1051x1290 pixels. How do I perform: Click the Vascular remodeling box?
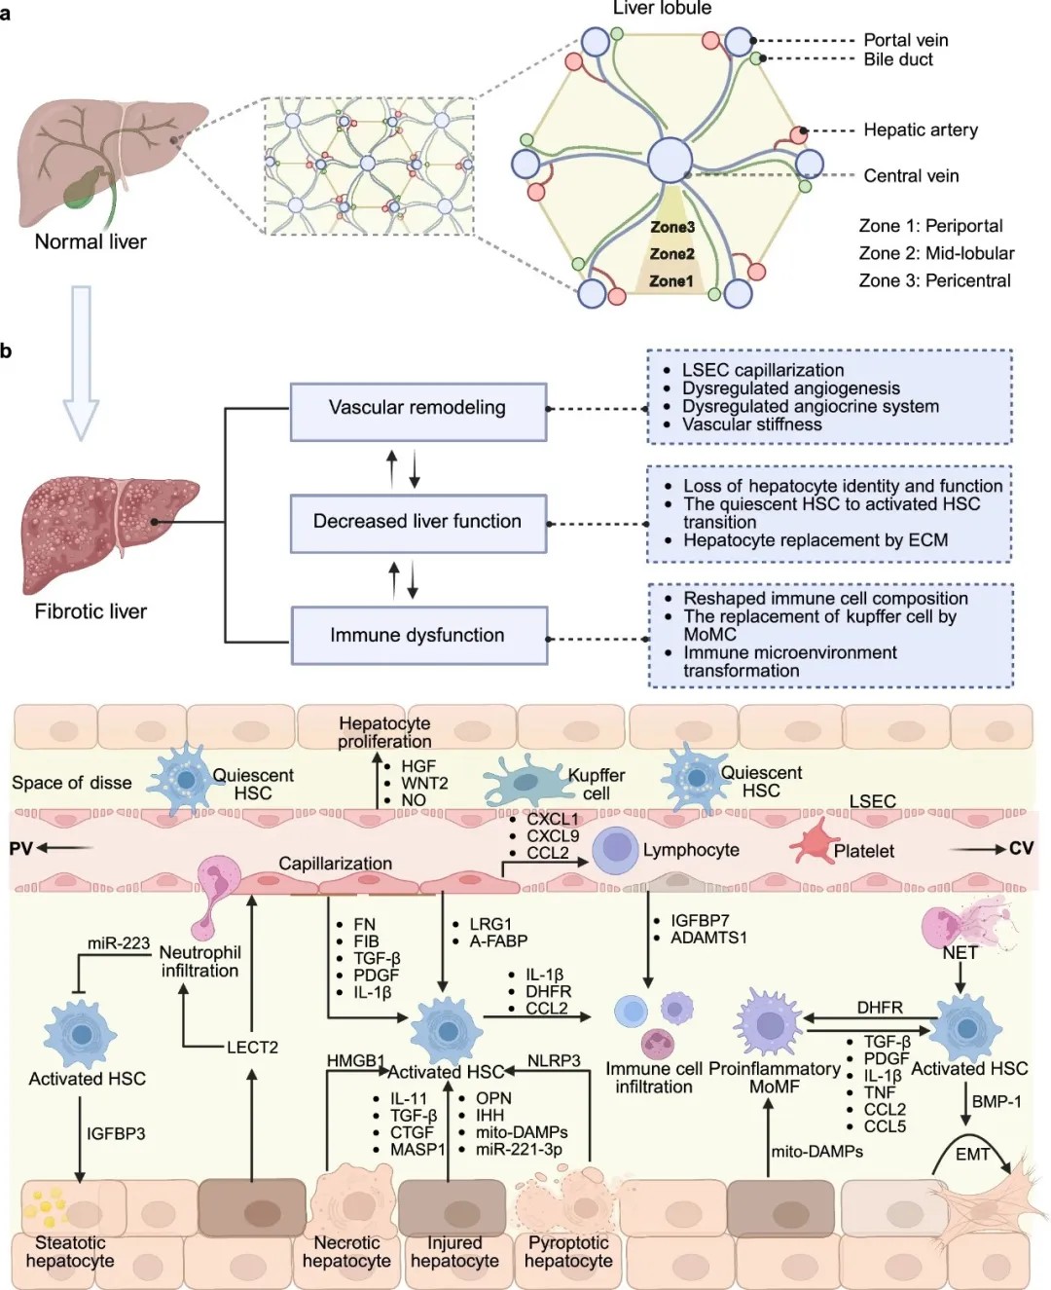click(x=417, y=409)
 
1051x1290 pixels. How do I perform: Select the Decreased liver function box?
click(x=417, y=522)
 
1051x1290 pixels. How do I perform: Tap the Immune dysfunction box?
click(x=417, y=636)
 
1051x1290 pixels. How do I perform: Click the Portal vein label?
click(x=905, y=40)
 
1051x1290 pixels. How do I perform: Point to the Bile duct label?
click(x=898, y=59)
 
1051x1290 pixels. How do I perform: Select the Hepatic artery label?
click(x=920, y=129)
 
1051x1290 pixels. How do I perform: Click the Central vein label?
click(x=911, y=176)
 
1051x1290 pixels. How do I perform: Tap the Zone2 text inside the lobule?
click(x=671, y=254)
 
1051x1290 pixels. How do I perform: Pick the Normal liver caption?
click(x=91, y=242)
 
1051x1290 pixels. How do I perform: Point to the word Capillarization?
click(x=335, y=864)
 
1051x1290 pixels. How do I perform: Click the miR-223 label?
click(x=119, y=943)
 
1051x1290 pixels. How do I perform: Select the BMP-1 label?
click(x=997, y=1102)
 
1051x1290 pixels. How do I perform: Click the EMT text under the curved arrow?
click(x=972, y=1155)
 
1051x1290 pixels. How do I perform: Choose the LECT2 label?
click(x=252, y=1048)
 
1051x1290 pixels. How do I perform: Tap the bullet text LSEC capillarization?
click(x=763, y=370)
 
